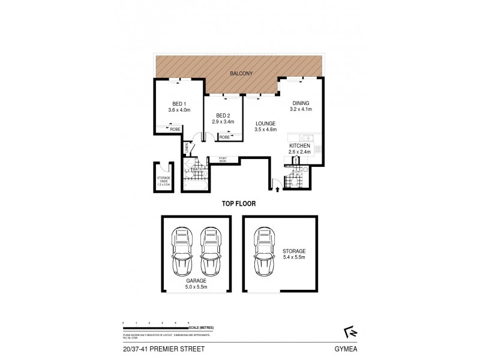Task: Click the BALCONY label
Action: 241,73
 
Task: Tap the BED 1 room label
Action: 179,103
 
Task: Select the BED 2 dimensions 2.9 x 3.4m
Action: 223,122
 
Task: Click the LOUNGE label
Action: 265,123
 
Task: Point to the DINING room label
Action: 301,103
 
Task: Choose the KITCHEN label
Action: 300,146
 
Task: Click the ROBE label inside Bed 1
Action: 175,129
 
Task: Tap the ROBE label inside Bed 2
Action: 223,137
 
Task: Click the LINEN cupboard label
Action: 187,147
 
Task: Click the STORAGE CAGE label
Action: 164,179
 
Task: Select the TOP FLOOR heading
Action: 240,204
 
